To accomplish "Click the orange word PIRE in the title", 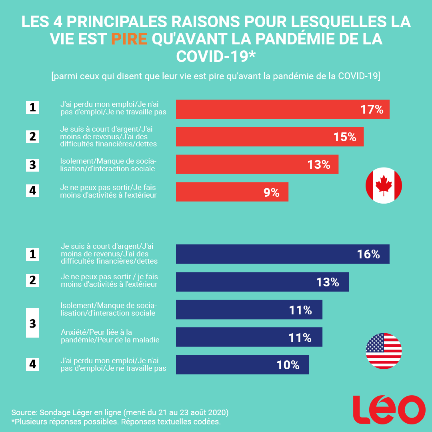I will (x=129, y=39).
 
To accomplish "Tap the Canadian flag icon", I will (x=384, y=186).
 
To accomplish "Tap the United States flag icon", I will (x=384, y=351).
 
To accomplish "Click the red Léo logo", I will (x=389, y=410).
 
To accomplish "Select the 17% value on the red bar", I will (x=372, y=110).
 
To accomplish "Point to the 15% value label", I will (x=345, y=137).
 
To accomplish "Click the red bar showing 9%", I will (x=232, y=192).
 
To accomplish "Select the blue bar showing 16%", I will (x=282, y=254).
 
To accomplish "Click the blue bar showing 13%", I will (x=262, y=282).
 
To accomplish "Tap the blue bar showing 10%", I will (x=242, y=365).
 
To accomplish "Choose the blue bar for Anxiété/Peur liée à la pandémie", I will (x=249, y=337).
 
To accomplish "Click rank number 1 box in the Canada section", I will (x=32, y=107).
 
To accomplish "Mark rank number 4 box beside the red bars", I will (x=32, y=191).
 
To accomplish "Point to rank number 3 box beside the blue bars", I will (x=32, y=323).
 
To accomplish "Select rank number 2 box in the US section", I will (x=32, y=280).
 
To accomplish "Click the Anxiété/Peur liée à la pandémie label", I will (x=110, y=336).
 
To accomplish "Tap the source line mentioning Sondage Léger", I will (x=120, y=412).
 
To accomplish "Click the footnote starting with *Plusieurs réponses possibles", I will (x=116, y=422).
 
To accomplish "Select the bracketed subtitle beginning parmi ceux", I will (x=216, y=76).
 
